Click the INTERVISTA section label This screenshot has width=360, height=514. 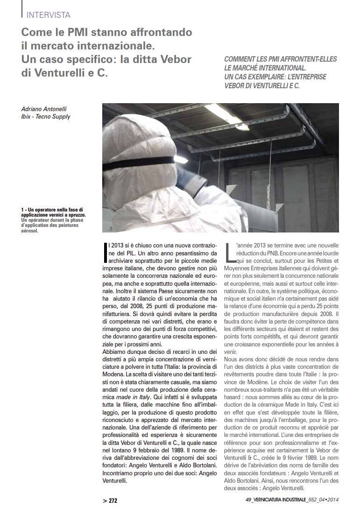coord(49,15)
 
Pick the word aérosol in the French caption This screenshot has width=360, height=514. coord(30,231)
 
